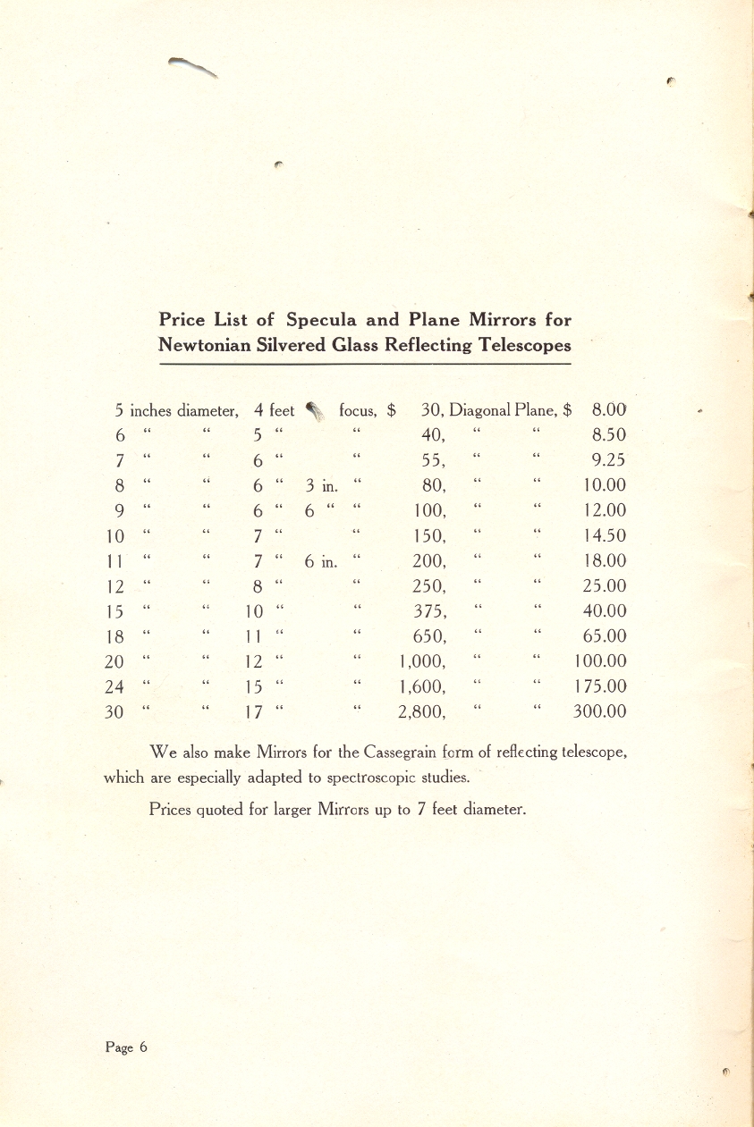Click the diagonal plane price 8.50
click(x=608, y=435)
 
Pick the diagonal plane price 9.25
click(x=608, y=460)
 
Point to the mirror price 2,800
click(x=422, y=712)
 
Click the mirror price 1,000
click(x=422, y=662)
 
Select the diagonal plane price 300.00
click(x=599, y=712)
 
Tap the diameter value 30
click(x=114, y=712)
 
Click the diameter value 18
click(x=114, y=637)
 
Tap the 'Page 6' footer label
click(x=126, y=1047)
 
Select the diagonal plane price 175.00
click(x=599, y=687)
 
